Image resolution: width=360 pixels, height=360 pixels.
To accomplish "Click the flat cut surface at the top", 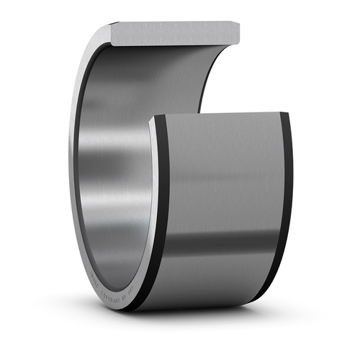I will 173,32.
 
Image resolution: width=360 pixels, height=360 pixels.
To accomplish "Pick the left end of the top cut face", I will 112,29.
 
